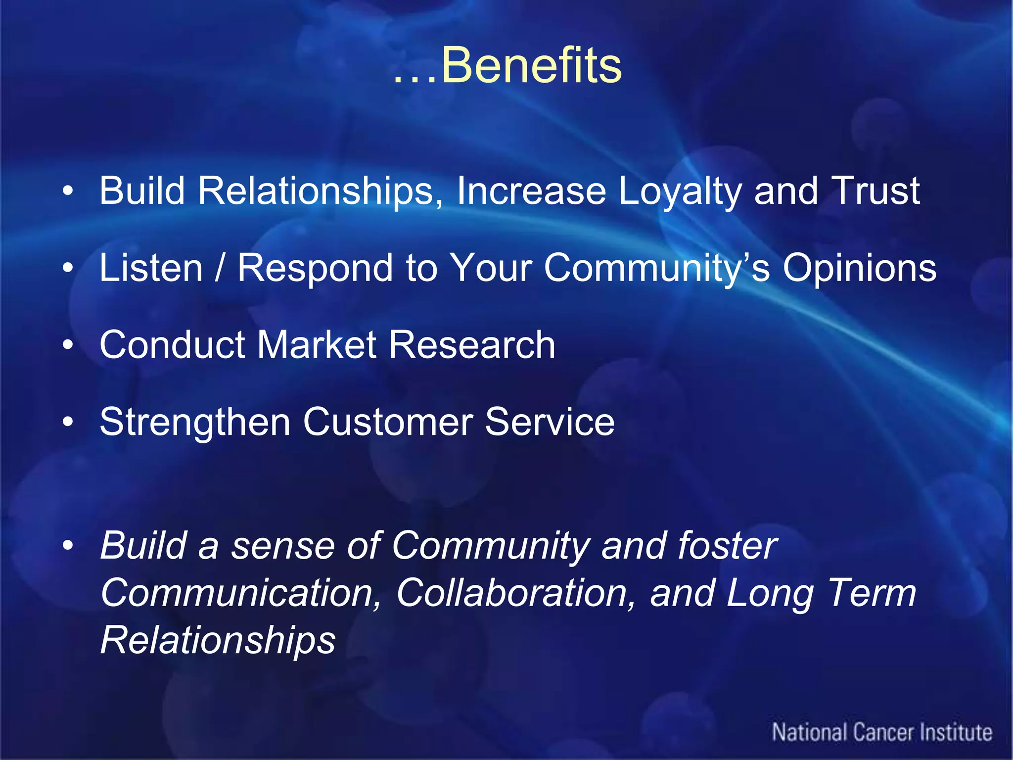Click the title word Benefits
(531, 65)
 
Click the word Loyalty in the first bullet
(680, 192)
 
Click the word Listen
(151, 268)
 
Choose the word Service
(550, 422)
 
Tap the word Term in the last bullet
(871, 593)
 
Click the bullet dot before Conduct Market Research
(68, 345)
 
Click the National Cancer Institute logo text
(882, 732)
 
